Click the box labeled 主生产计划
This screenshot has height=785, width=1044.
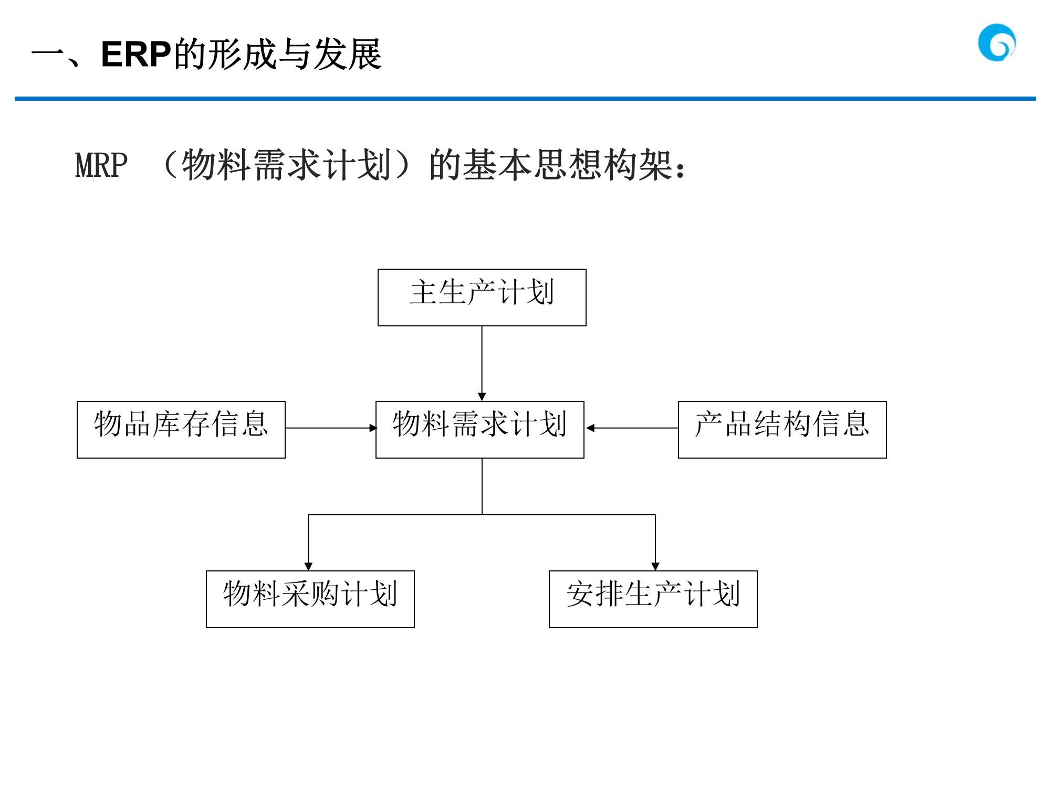(x=482, y=297)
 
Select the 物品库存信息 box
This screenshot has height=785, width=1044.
(x=181, y=429)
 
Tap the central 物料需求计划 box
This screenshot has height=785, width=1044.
(x=479, y=429)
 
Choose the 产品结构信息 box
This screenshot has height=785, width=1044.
(x=782, y=429)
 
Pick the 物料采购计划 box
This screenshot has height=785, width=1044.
(x=310, y=599)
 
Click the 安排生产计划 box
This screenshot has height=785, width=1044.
(x=653, y=599)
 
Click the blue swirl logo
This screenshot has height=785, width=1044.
(x=996, y=43)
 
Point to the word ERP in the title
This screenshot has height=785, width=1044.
(x=136, y=54)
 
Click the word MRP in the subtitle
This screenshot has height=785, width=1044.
(x=101, y=165)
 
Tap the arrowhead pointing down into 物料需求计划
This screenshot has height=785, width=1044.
(x=482, y=397)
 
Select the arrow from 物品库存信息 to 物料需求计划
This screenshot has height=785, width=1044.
(x=330, y=428)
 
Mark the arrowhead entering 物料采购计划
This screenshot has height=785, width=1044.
(x=308, y=566)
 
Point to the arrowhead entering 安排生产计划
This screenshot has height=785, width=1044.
(x=655, y=566)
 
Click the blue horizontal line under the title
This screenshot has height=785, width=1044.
(x=525, y=98)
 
